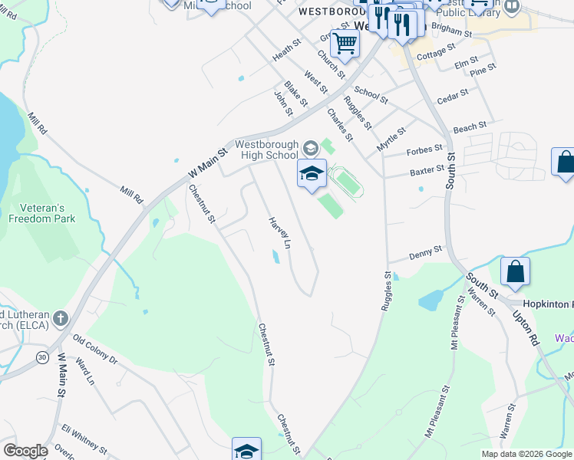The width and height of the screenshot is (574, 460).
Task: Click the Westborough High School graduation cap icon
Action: click(312, 173)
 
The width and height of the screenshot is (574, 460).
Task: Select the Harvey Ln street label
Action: click(279, 232)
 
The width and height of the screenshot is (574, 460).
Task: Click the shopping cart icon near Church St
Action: click(345, 44)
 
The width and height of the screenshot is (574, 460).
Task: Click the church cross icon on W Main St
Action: click(61, 318)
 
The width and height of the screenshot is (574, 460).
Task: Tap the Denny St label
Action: click(426, 252)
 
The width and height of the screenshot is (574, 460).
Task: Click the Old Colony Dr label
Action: click(95, 349)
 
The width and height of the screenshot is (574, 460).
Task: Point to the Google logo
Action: click(25, 451)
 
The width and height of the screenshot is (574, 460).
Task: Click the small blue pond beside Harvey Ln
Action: click(275, 257)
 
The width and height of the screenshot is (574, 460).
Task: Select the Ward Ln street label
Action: click(84, 370)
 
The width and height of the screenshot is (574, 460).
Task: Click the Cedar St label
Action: click(452, 97)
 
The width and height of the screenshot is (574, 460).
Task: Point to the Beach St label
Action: click(470, 127)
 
